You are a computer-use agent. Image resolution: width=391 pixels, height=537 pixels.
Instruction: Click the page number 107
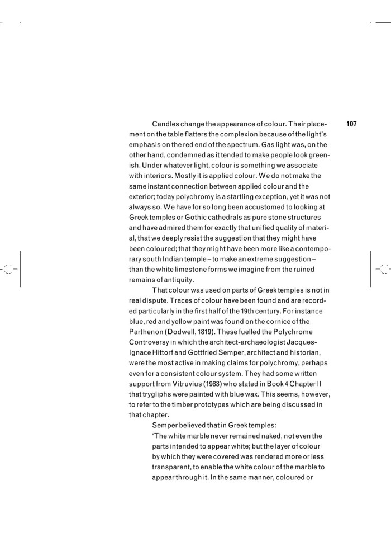coord(351,124)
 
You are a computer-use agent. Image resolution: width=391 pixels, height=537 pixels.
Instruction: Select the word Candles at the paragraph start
coord(166,124)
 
